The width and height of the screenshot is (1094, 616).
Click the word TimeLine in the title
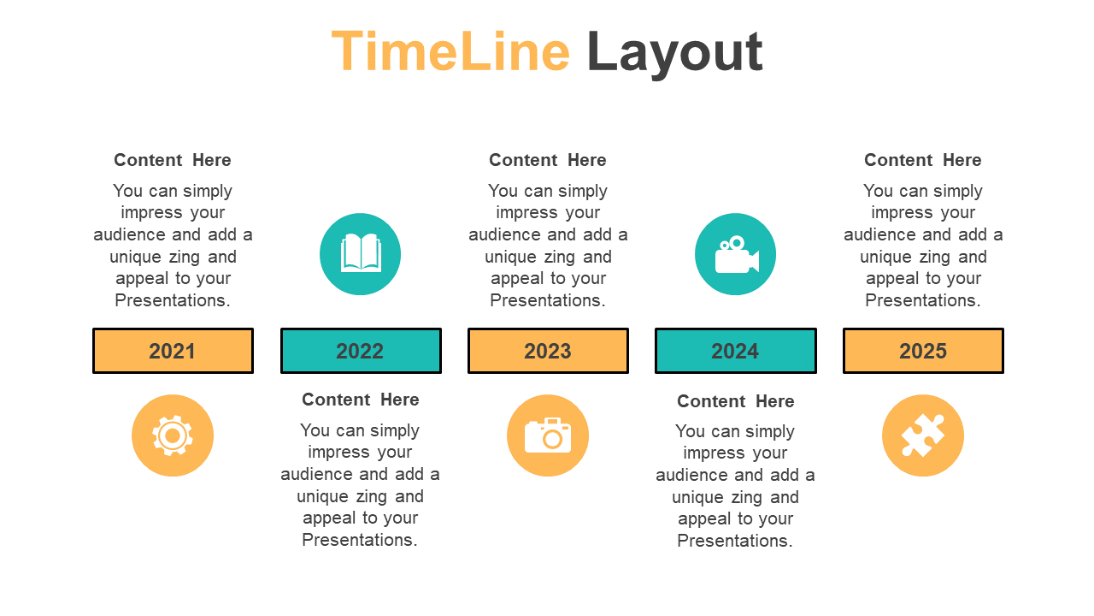coord(450,51)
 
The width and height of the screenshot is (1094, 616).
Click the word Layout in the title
coord(674,54)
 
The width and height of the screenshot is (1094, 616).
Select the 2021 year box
coord(173,351)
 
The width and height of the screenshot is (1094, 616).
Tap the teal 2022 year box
coord(361,351)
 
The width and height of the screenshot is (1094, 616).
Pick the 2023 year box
coord(548,351)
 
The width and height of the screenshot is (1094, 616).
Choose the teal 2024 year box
coord(736,351)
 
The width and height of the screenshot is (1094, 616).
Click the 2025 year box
coord(923,351)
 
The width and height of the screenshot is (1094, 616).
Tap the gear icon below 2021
coord(173,435)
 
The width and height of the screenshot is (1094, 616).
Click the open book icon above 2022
coord(361,252)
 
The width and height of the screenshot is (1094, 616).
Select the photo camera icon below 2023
coord(548,435)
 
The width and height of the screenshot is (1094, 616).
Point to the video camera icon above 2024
coord(737,254)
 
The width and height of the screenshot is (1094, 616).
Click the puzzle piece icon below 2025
coord(922,435)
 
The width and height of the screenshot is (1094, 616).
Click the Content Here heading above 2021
coord(173,160)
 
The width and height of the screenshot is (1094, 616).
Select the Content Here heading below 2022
coord(361,400)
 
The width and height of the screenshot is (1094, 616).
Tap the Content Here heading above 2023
coord(548,160)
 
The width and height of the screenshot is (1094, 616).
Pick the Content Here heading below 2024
coord(736,401)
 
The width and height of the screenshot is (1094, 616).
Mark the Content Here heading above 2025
coord(922,160)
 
